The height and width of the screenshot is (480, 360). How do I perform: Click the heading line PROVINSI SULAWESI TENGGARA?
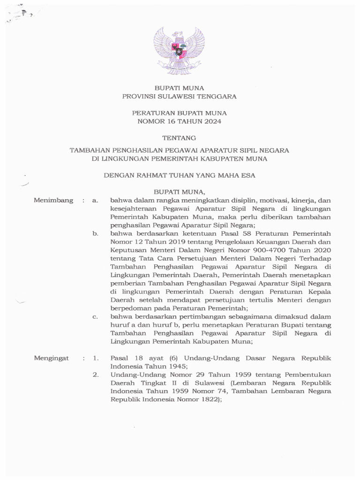point(180,97)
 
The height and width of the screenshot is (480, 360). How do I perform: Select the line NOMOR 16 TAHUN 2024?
point(180,121)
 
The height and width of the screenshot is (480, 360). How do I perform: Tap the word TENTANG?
point(180,138)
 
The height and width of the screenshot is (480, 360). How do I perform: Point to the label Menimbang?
point(54,200)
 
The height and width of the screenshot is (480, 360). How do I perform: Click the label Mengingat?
point(52,358)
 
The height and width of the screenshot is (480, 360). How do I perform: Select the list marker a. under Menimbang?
point(95,200)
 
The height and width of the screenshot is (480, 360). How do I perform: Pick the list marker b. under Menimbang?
point(95,233)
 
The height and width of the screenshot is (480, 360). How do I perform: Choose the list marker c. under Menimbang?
point(95,317)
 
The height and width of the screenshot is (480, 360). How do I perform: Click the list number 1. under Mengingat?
point(95,358)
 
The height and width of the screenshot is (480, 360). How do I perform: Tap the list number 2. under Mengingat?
point(95,375)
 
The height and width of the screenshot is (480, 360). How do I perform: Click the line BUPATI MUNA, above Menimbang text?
point(180,192)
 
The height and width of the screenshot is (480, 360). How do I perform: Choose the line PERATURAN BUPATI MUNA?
point(180,113)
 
